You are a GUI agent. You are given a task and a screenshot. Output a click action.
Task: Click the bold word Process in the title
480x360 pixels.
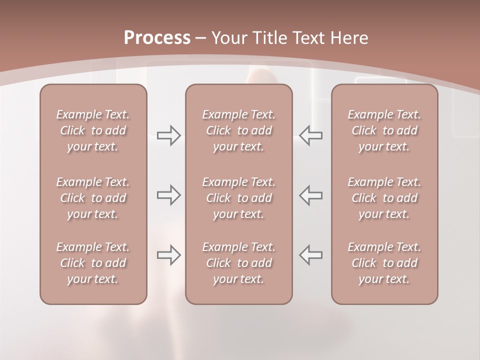click(x=157, y=38)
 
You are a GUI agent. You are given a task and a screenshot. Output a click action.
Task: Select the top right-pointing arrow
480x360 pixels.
click(x=169, y=135)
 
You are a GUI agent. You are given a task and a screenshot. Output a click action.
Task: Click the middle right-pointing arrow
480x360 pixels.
click(x=169, y=195)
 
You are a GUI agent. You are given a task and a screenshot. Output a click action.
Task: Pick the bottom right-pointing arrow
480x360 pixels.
click(x=169, y=255)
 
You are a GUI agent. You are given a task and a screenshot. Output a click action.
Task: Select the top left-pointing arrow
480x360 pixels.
click(x=311, y=135)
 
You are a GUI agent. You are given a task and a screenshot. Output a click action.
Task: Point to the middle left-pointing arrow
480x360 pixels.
click(x=311, y=195)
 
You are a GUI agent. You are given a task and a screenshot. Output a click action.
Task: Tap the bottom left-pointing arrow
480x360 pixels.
click(x=311, y=255)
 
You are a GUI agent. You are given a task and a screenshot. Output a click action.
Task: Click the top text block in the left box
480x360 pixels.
click(x=93, y=130)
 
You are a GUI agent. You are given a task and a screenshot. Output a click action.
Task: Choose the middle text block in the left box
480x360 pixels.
click(x=93, y=198)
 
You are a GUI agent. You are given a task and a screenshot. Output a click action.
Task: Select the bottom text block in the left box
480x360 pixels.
click(x=93, y=263)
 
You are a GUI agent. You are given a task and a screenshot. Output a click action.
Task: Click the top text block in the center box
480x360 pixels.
click(x=239, y=130)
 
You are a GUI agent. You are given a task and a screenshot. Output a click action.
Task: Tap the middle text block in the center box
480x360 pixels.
click(x=239, y=198)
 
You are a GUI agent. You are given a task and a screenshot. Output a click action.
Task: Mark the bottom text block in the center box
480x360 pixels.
click(x=239, y=263)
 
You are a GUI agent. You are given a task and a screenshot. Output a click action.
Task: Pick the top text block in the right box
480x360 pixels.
click(x=384, y=130)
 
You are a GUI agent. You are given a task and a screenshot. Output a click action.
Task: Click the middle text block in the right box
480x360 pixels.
click(x=384, y=198)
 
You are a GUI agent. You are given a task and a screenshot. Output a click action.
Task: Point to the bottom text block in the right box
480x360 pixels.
click(x=384, y=263)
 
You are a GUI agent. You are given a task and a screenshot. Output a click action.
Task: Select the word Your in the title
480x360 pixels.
click(x=227, y=38)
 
